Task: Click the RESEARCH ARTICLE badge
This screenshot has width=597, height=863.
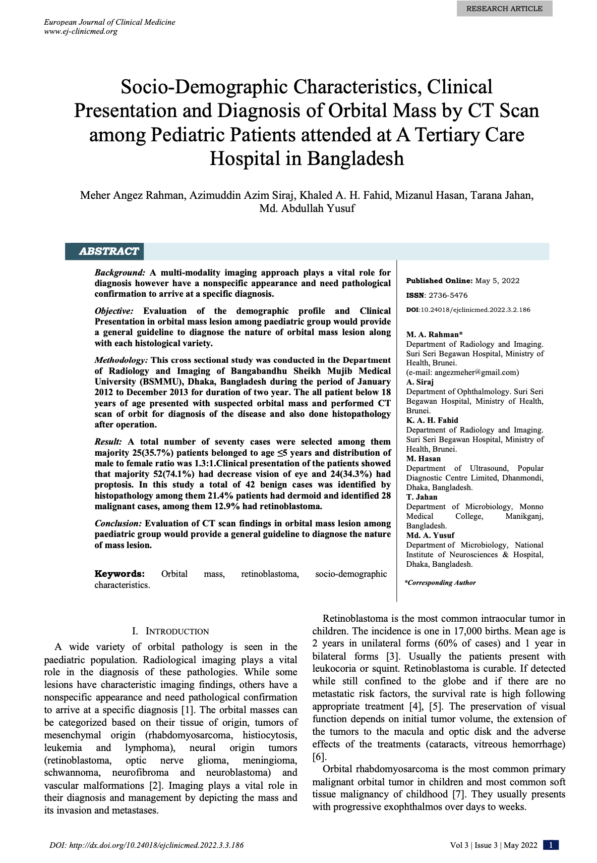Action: tap(504, 9)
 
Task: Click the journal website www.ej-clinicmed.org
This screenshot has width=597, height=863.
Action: tap(81, 31)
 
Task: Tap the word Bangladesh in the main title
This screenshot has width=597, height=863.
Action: tap(355, 158)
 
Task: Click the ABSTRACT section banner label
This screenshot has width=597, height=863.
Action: tap(108, 251)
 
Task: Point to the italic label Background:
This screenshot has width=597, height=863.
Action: tap(120, 273)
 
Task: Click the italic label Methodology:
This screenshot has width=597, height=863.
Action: tap(121, 360)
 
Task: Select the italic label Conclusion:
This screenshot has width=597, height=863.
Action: tap(118, 523)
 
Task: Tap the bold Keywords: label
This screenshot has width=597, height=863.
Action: tap(120, 574)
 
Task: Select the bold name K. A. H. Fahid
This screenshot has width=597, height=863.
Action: tap(432, 420)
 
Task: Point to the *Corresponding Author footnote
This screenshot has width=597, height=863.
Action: tap(440, 583)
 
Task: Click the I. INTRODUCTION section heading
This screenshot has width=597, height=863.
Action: tap(170, 631)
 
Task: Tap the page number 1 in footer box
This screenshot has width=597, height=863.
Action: tap(551, 845)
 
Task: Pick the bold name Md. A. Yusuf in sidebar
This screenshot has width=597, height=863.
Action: tap(430, 535)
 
